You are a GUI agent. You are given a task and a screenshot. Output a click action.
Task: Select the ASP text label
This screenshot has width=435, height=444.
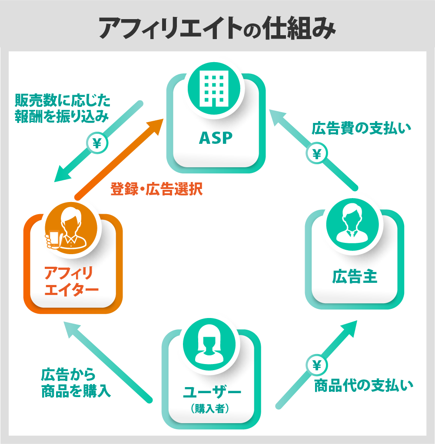(216, 138)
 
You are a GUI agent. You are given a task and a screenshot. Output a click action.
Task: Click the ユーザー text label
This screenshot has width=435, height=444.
(212, 392)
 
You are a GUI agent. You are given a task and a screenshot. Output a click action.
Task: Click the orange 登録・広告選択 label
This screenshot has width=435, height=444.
(157, 190)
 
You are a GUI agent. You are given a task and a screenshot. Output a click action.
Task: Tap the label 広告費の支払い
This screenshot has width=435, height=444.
(361, 128)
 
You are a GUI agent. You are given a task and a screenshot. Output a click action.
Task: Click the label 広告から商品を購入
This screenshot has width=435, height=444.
(76, 383)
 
